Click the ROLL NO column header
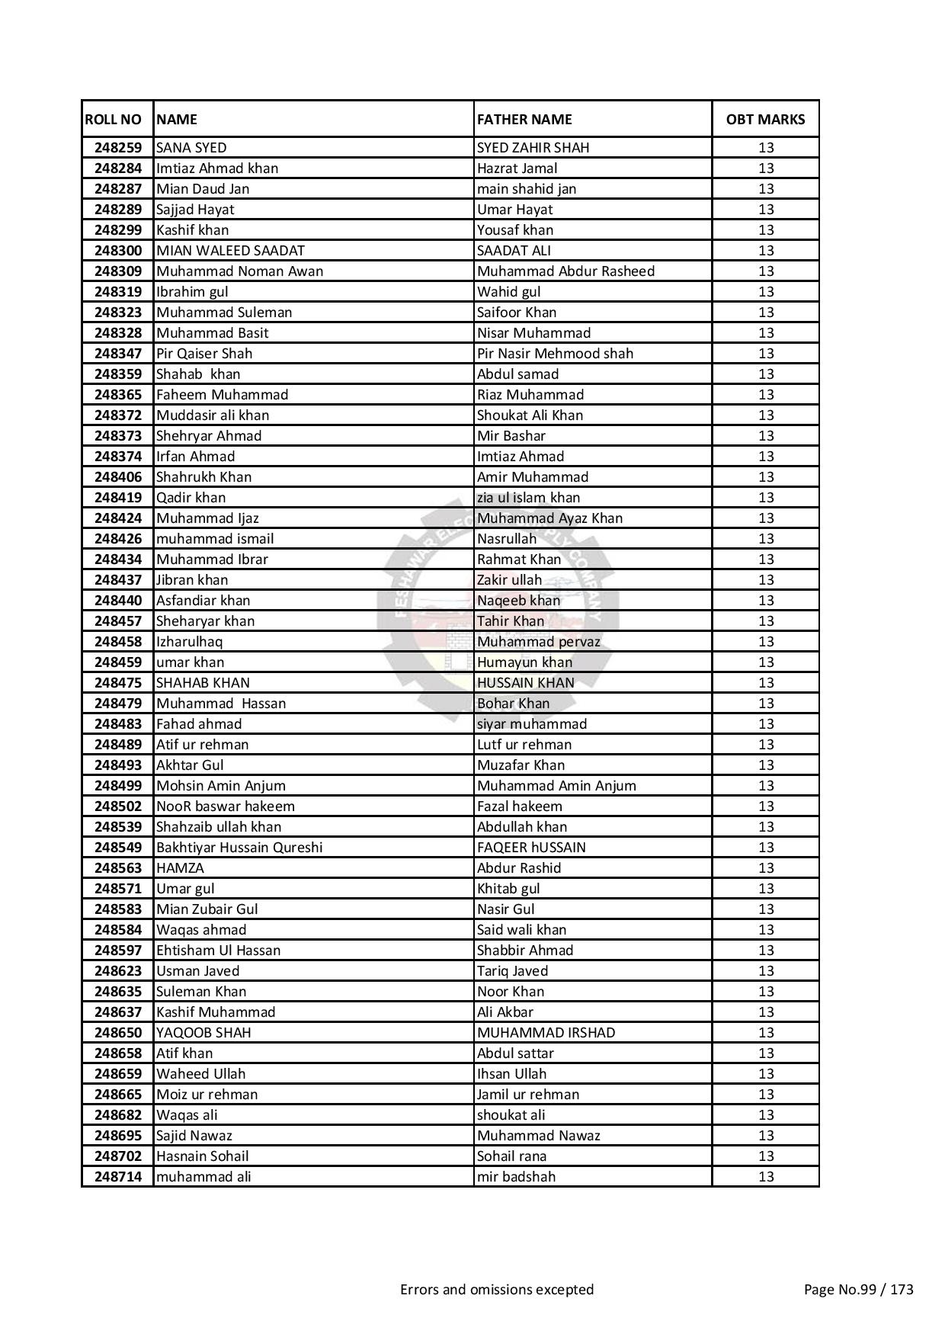114,120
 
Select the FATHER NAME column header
524,120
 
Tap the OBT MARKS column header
765,120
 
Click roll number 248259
118,148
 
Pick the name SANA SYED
191,148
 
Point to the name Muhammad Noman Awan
239,271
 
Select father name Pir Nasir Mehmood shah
555,354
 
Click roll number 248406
118,477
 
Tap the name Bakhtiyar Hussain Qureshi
239,848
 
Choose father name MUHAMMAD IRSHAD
546,1033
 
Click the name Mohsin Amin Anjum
221,786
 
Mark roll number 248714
118,1177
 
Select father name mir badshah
516,1177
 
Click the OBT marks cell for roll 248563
765,868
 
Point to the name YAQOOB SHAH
203,1033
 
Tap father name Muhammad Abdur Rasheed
565,271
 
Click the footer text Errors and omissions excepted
497,1290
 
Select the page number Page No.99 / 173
858,1290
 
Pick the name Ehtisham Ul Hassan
218,951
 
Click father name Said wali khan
521,930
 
